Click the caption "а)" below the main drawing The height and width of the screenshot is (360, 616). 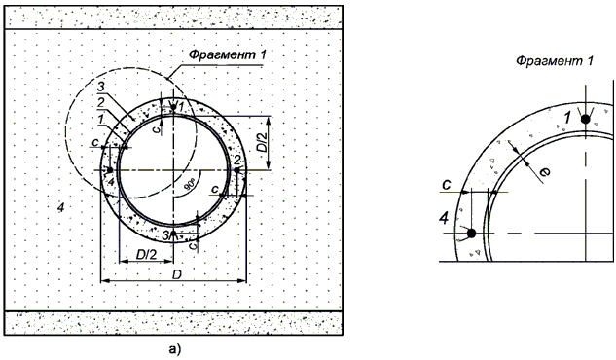(x=174, y=348)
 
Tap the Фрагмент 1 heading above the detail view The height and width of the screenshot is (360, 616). (x=555, y=61)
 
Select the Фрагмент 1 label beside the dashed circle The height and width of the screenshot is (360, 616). (x=227, y=54)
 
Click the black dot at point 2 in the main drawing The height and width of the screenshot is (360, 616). (x=236, y=170)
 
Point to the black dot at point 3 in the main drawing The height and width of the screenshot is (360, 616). (x=173, y=234)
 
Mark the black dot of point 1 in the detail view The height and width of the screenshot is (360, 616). (x=586, y=119)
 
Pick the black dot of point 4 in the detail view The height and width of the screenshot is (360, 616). (x=471, y=234)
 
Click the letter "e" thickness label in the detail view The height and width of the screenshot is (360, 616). (x=546, y=171)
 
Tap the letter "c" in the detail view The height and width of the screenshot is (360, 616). (x=446, y=184)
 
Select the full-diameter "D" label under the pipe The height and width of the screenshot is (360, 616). (x=177, y=274)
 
